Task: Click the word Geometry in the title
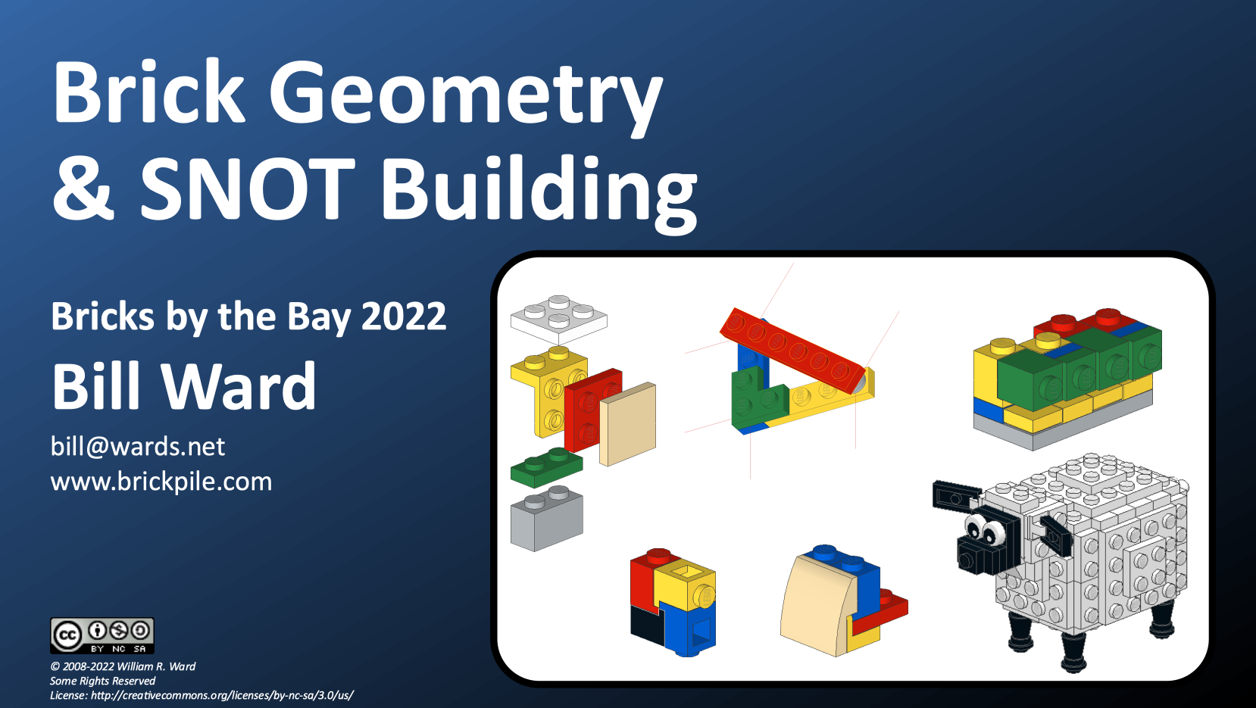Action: point(467,95)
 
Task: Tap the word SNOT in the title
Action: point(247,188)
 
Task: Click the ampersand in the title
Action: point(83,188)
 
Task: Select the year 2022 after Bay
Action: point(404,317)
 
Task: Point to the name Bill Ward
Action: point(184,387)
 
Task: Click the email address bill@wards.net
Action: point(138,447)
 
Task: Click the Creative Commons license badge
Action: point(102,636)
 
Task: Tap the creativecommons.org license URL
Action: point(222,696)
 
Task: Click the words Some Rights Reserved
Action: point(102,681)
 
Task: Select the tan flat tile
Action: point(627,424)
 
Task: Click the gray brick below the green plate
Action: point(547,519)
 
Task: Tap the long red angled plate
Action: point(793,350)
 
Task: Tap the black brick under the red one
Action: point(646,625)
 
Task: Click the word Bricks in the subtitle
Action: point(102,317)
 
